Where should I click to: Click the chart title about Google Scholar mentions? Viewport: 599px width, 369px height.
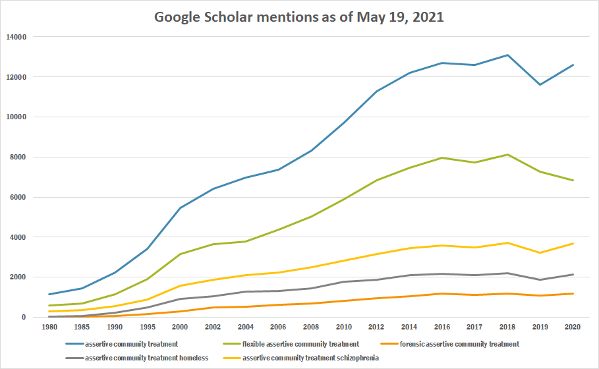[x=299, y=16]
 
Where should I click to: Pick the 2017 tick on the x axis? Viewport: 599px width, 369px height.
[x=474, y=326]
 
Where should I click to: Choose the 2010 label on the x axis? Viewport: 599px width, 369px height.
[x=344, y=326]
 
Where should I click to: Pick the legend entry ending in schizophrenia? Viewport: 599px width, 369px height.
[x=310, y=358]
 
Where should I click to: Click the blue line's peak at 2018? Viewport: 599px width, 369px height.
[x=507, y=55]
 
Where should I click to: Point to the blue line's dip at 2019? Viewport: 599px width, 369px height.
[x=540, y=84]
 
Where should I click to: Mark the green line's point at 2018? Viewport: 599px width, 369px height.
[x=507, y=155]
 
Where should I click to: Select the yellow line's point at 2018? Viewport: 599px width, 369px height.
[x=507, y=242]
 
